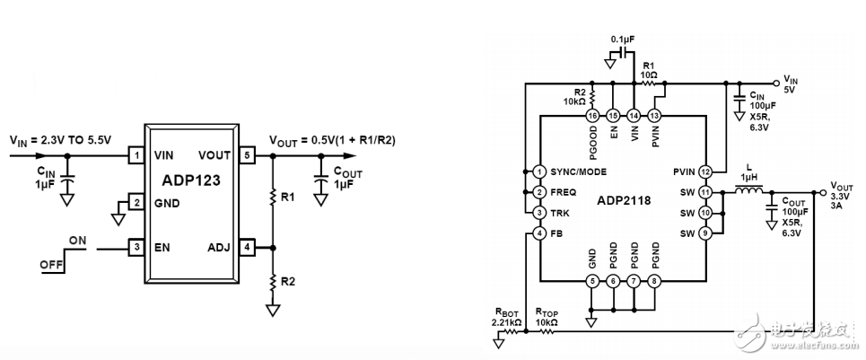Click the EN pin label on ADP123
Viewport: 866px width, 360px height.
[162, 246]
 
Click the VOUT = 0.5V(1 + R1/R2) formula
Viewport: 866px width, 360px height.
[333, 140]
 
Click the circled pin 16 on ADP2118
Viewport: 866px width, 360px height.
[591, 116]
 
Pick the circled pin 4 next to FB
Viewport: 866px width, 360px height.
[539, 233]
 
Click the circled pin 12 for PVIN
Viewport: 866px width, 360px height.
[706, 171]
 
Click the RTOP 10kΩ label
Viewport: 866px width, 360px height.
[547, 316]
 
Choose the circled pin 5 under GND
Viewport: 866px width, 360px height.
[591, 281]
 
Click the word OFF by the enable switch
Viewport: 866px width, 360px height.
[50, 265]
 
